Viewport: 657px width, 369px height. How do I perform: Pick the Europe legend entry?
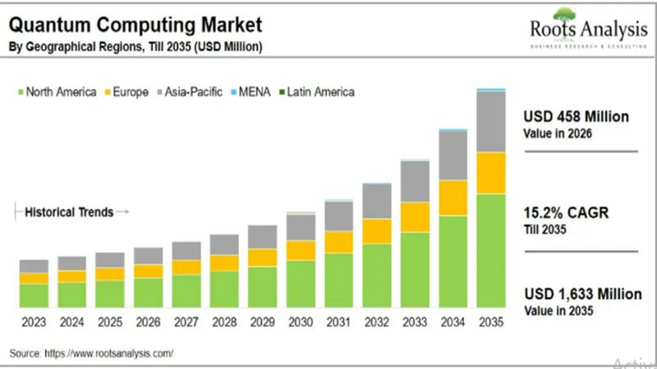click(128, 92)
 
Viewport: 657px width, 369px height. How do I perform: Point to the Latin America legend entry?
click(316, 92)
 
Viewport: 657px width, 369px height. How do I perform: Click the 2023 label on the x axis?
click(34, 321)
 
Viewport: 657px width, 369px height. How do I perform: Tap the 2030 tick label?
click(301, 321)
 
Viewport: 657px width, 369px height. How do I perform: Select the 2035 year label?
click(491, 321)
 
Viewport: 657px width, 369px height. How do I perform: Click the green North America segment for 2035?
click(491, 250)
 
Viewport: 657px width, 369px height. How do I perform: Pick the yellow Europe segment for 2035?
click(491, 172)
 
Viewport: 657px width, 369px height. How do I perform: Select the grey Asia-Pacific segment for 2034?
click(453, 155)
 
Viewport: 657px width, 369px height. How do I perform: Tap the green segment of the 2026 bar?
click(148, 292)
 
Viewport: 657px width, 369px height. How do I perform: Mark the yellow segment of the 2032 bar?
click(377, 230)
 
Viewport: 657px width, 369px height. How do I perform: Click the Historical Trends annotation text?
click(69, 212)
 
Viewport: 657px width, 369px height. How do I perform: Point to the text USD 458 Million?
click(576, 117)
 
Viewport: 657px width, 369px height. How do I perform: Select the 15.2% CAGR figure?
click(567, 214)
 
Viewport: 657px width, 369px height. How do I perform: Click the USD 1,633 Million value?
click(582, 294)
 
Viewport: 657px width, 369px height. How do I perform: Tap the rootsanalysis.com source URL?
click(114, 353)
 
